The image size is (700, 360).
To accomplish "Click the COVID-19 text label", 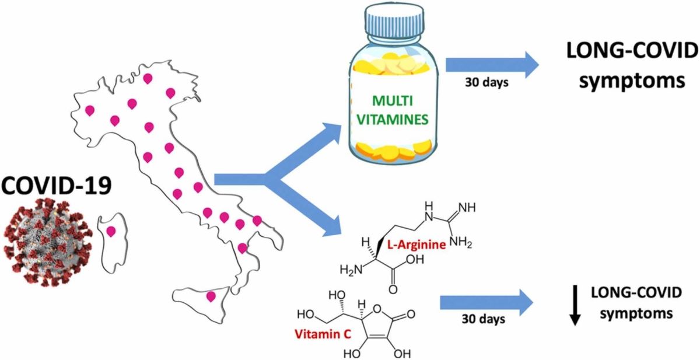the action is pos(56,185).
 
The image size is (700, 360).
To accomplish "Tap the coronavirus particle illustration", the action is pos(48,242).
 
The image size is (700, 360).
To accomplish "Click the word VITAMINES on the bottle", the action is pos(393,120).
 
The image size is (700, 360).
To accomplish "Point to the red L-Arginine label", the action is pos(416,244).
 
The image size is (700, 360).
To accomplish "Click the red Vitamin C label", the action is pos(323,334).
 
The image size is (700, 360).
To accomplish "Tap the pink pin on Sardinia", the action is pos(111,232).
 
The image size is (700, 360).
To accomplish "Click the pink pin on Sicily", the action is pos(211,296).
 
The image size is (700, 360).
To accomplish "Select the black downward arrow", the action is pos(575,305).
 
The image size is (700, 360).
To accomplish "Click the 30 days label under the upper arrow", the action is pos(487,82).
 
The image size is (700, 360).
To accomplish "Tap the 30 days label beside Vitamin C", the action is pos(484,319).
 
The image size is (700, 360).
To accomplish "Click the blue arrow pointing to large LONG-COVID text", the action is pos(492,65).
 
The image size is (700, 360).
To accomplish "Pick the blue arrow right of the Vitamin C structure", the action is pos(487,303).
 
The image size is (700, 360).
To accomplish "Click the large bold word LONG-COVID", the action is pos(632,51).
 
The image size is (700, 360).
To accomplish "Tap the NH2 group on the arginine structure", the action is pos(461,243).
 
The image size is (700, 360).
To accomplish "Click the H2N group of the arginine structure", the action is pos(351,270).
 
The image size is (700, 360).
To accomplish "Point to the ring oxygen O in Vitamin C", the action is pos(377,309).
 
